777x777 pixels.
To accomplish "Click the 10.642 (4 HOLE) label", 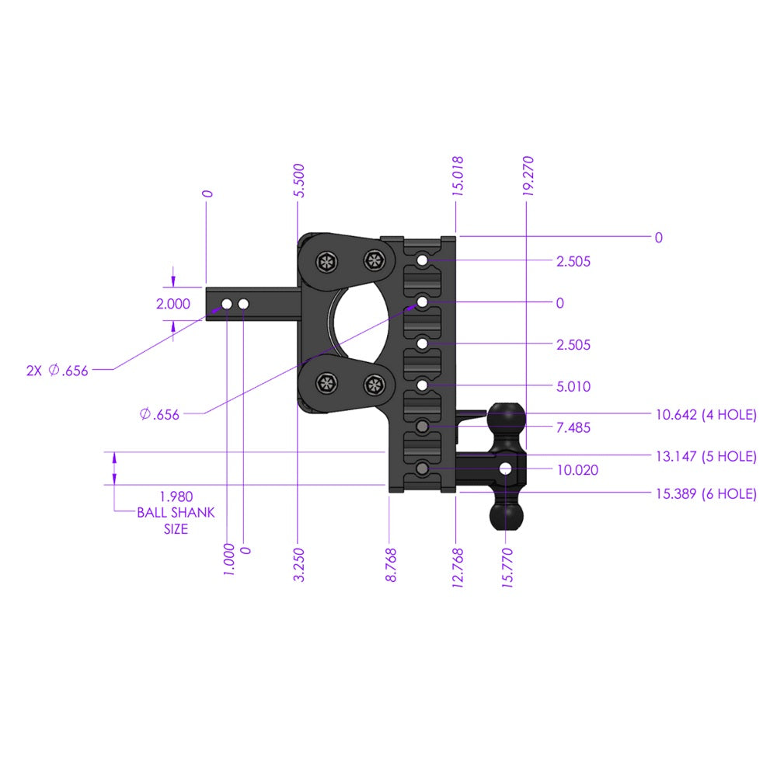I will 706,415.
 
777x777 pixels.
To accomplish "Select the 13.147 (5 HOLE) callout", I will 706,457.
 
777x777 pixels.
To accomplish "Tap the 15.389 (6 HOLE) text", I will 706,494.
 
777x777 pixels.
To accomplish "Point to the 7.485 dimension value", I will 573,428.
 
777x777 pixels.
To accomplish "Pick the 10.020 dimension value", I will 577,470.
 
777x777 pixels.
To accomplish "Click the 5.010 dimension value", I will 573,386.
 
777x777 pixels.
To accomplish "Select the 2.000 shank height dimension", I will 172,305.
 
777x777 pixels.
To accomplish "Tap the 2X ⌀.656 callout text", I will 57,371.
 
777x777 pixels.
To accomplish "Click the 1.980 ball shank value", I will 176,497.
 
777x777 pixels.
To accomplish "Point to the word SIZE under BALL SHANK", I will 176,529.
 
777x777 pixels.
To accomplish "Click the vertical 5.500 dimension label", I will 299,181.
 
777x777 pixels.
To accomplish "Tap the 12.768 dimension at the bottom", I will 458,569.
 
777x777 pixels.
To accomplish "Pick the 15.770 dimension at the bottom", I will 507,569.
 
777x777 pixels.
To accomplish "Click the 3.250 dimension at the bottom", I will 299,566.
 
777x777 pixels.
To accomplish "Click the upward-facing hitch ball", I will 506,418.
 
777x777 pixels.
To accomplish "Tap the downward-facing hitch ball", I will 506,514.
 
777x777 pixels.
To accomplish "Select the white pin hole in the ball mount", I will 506,469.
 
